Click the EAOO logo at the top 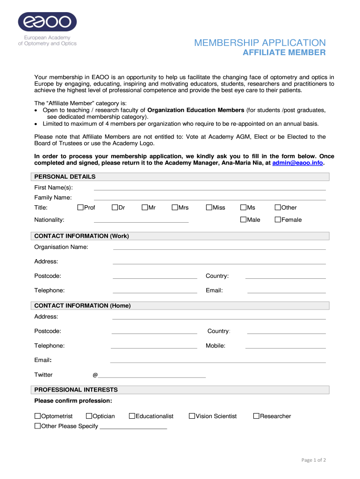[x=47, y=22]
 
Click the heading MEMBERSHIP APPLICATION [x=260, y=43]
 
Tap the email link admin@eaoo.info [x=297, y=163]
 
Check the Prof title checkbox [x=80, y=208]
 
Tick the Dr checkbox [x=115, y=208]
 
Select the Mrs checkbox [x=175, y=208]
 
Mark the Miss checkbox [x=209, y=208]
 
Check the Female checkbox [x=278, y=219]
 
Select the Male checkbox [x=243, y=219]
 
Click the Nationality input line [x=141, y=221]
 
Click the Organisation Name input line [x=219, y=248]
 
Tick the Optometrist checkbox [x=38, y=416]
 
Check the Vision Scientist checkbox [x=192, y=416]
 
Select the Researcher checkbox [x=256, y=416]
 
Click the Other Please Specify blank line [x=133, y=428]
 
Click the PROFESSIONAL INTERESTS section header [x=76, y=390]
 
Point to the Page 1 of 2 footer [x=313, y=460]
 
